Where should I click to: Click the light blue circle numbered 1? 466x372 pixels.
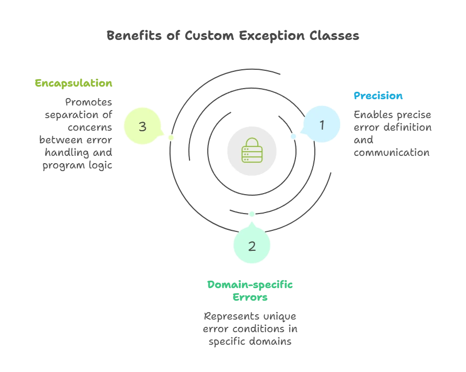coord(322,125)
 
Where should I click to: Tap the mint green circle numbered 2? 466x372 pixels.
coord(252,246)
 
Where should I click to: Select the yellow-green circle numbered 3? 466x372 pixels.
coord(142,126)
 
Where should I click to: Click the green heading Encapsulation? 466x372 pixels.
coord(73,83)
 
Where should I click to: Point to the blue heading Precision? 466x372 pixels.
coord(378,95)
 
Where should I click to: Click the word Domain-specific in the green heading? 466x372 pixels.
coord(250,285)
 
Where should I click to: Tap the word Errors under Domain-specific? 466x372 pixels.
coord(250,297)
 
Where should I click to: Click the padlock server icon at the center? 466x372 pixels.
coord(252,150)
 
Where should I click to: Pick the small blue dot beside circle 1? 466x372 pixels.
coord(294,137)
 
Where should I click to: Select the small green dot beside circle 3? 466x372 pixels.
coord(171,137)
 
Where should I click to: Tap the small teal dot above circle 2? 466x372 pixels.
coord(252,214)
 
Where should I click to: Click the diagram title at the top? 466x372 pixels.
coord(233,36)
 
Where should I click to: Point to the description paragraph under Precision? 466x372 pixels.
coord(392,134)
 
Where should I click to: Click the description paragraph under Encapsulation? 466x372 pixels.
coord(76,134)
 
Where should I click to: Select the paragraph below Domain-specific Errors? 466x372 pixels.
coord(250,330)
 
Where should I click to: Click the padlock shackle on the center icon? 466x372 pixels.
coord(252,142)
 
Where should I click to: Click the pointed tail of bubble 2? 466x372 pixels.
coord(252,222)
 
